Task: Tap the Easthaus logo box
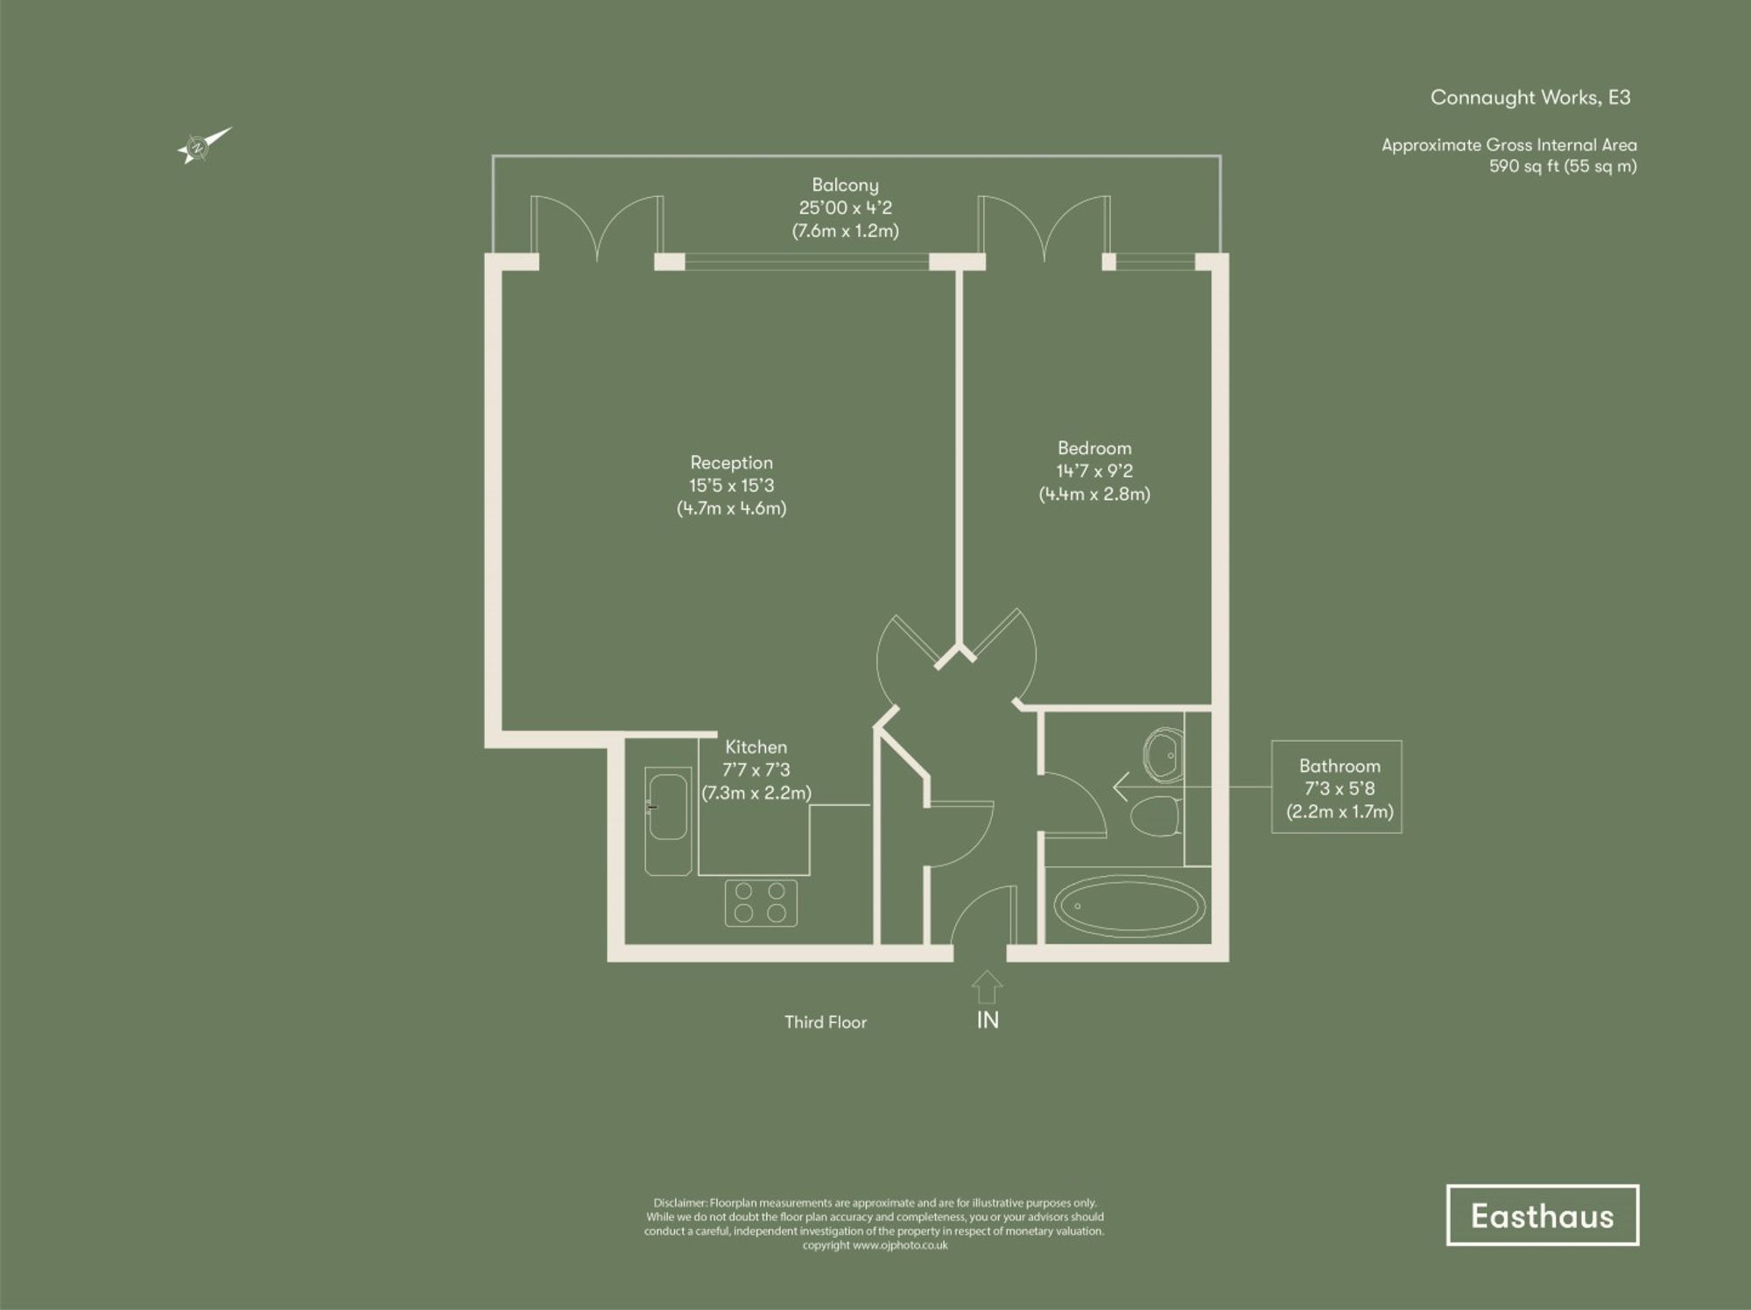(1542, 1215)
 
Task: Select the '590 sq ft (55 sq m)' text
(1563, 166)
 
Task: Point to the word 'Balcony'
(845, 185)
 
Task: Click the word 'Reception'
(731, 463)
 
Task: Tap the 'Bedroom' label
(1094, 448)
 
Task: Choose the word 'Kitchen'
(756, 747)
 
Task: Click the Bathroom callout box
(1336, 787)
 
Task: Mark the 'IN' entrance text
(988, 1020)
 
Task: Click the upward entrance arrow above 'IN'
(987, 986)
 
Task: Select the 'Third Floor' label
(825, 1022)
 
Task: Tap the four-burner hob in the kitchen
(760, 902)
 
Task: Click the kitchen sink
(668, 807)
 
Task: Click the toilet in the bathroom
(1156, 816)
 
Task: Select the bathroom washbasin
(1163, 752)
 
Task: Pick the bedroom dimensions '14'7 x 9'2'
(1094, 471)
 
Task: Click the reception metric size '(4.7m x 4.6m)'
(731, 508)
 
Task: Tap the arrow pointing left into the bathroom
(1120, 787)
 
